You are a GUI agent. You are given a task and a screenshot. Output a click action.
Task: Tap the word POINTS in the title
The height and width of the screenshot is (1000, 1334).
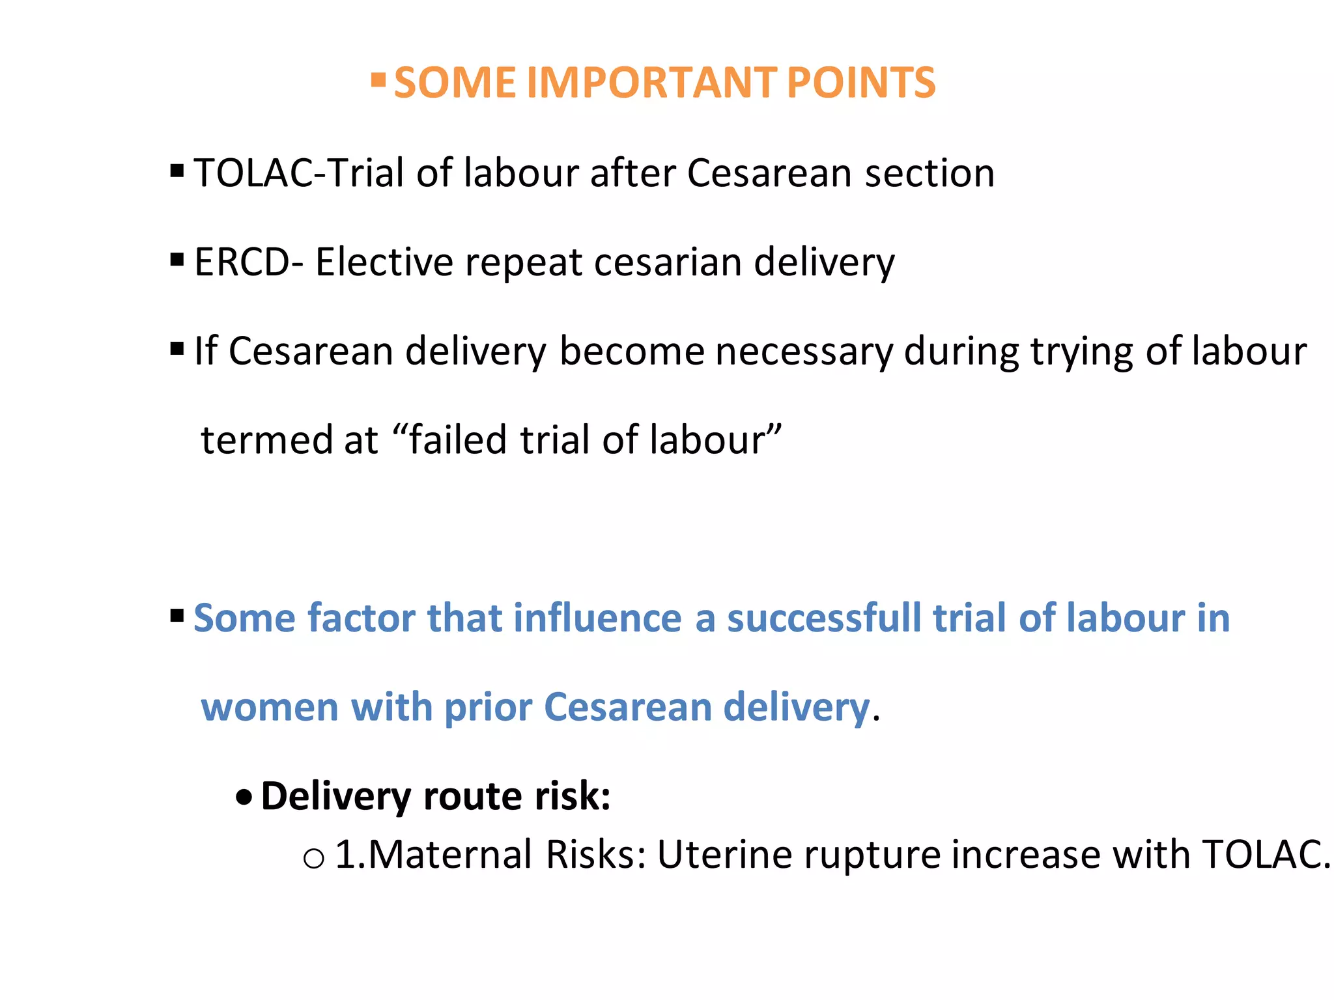(861, 83)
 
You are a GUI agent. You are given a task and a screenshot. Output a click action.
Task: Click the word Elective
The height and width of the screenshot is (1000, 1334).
(384, 262)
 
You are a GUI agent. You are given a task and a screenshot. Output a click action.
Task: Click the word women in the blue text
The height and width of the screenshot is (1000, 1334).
(269, 707)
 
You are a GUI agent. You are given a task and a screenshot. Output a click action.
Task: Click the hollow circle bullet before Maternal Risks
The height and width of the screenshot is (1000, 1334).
(313, 859)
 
